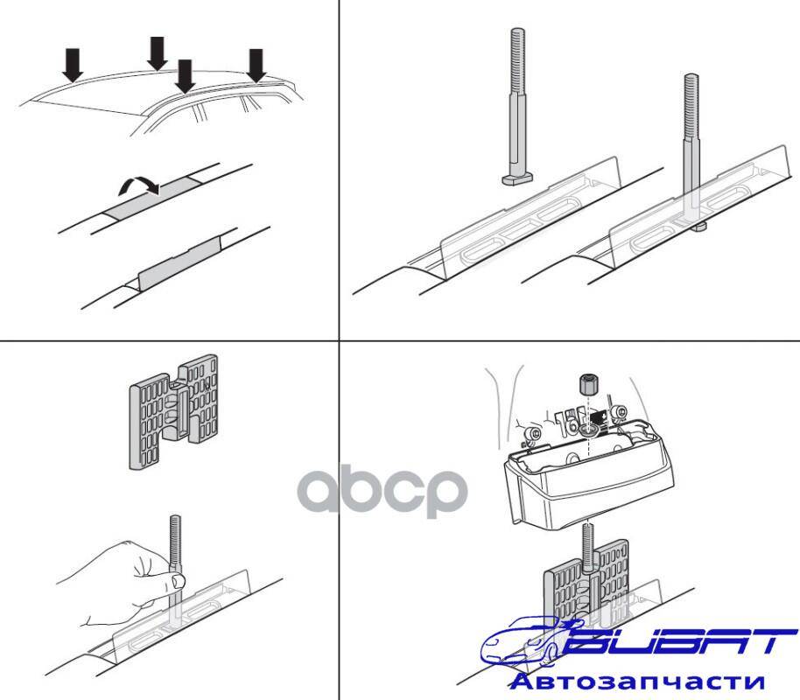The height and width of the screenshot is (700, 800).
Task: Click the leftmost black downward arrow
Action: pos(73,64)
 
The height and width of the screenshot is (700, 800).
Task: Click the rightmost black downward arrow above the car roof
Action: pos(256,66)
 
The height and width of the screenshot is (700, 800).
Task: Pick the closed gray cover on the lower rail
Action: pos(181,263)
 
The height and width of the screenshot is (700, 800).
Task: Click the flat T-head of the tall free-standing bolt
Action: pos(517,178)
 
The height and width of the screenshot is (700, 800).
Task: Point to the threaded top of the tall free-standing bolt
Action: pos(517,61)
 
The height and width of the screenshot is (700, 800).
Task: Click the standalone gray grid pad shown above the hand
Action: pos(173,412)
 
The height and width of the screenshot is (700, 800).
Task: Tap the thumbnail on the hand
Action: pos(178,580)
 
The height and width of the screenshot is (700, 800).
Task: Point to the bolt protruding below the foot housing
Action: pos(588,547)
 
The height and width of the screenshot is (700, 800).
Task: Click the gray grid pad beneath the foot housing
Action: pos(586,582)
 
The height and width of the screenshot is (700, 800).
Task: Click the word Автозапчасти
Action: pos(637,681)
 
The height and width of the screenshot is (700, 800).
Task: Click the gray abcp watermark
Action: pos(382,491)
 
